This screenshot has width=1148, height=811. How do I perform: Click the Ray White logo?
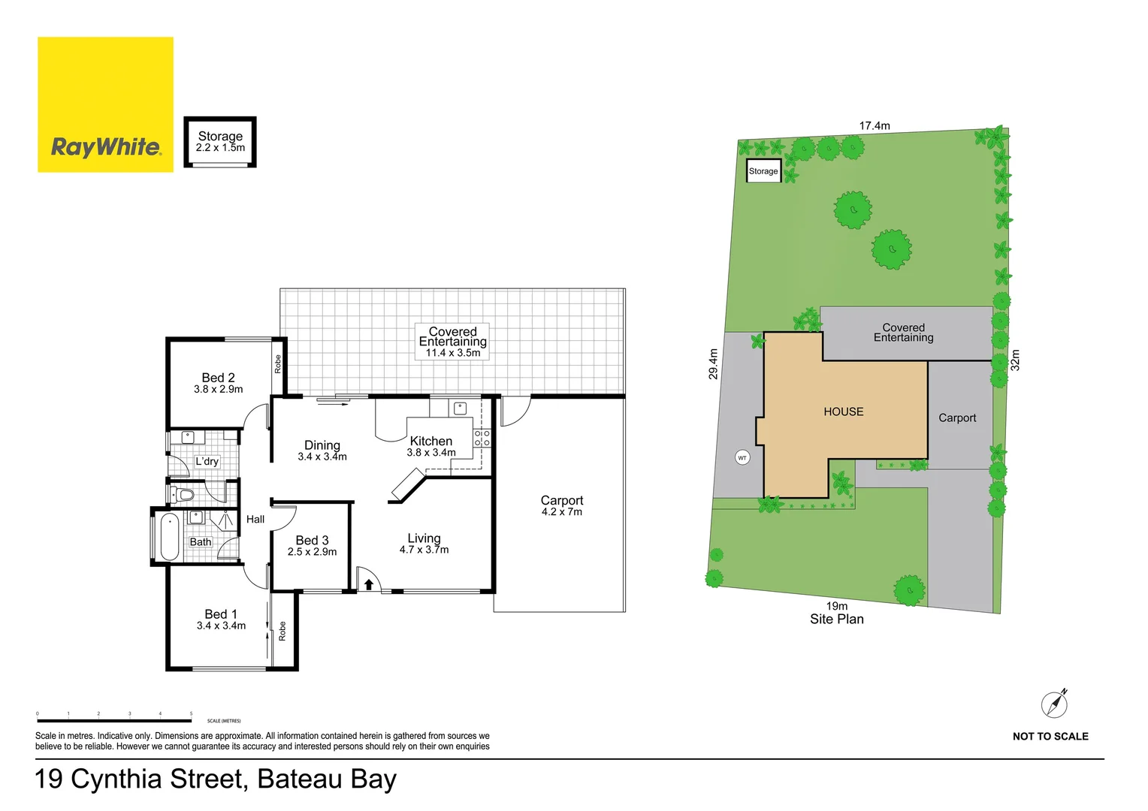pyautogui.click(x=105, y=104)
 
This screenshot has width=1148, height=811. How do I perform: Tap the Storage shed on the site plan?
pyautogui.click(x=763, y=171)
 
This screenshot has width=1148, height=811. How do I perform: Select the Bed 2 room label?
pyautogui.click(x=218, y=378)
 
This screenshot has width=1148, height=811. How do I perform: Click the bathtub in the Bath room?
pyautogui.click(x=170, y=536)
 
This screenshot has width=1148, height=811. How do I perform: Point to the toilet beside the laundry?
pyautogui.click(x=183, y=494)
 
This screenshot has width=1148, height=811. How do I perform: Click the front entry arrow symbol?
pyautogui.click(x=369, y=583)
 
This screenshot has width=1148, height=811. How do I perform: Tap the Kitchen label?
pyautogui.click(x=430, y=442)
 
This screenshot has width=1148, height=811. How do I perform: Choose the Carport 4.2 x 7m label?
pyautogui.click(x=562, y=505)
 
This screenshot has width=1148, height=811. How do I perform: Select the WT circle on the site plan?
pyautogui.click(x=742, y=457)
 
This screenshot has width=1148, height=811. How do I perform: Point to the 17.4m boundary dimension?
pyautogui.click(x=875, y=126)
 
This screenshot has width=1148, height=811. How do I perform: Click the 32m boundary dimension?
pyautogui.click(x=1015, y=360)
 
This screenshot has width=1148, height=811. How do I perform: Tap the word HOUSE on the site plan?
pyautogui.click(x=843, y=412)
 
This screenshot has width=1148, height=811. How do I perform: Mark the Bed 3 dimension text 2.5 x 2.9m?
pyautogui.click(x=312, y=552)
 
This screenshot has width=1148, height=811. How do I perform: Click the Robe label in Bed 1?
pyautogui.click(x=282, y=631)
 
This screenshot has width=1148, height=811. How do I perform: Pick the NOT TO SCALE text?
pyautogui.click(x=1050, y=737)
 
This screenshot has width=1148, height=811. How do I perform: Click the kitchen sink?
pyautogui.click(x=460, y=409)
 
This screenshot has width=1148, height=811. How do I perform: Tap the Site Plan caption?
pyautogui.click(x=836, y=620)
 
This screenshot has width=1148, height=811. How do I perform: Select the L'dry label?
pyautogui.click(x=207, y=461)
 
